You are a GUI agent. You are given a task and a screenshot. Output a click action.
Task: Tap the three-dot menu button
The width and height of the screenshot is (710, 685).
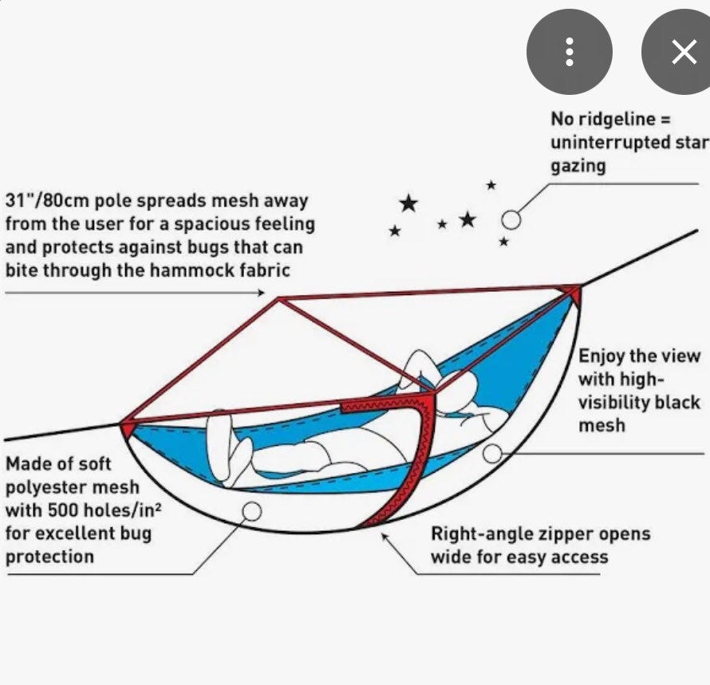click(570, 52)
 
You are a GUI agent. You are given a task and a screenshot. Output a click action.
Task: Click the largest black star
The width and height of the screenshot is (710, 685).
click(409, 203)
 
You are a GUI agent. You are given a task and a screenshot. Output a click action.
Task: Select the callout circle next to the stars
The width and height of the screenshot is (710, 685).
click(511, 220)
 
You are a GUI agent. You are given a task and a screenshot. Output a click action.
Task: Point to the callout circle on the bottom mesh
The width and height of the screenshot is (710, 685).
click(252, 512)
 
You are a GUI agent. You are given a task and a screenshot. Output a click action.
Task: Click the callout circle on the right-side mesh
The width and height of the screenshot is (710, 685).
click(493, 453)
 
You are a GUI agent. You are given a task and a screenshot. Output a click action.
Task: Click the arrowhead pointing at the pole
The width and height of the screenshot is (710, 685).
click(261, 293)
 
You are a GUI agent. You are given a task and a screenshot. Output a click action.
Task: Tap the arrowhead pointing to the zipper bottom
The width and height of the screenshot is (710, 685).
click(384, 537)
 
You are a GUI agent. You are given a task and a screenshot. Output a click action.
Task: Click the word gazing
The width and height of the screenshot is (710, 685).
click(578, 167)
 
